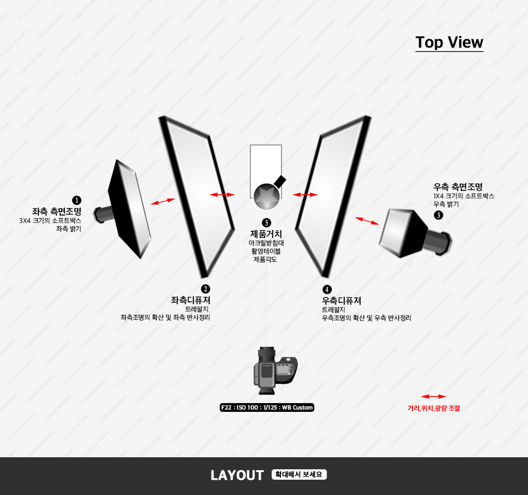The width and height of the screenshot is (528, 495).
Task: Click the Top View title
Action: point(449,43)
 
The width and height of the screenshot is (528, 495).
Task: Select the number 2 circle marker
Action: point(206,289)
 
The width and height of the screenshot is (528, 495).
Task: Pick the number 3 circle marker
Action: point(439,215)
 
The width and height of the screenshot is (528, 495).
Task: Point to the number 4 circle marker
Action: point(327,289)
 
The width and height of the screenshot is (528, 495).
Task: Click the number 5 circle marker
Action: point(266,223)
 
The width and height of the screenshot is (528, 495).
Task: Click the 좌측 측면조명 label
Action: point(57,211)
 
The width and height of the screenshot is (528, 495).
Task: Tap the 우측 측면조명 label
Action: point(458,187)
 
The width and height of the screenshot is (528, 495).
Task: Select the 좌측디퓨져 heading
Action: point(191,300)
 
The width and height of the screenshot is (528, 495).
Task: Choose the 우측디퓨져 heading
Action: point(342,300)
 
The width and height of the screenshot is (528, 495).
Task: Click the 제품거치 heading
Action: point(266,234)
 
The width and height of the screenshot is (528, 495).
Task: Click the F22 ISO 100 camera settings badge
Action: point(267,407)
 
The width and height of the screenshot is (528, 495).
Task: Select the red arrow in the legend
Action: point(433,396)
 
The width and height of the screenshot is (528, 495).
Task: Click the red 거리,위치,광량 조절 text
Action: point(434,407)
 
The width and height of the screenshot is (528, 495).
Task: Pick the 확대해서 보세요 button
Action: point(299,475)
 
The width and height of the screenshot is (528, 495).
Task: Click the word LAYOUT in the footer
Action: point(237,475)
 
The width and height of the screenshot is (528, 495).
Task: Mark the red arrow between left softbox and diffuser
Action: point(163,202)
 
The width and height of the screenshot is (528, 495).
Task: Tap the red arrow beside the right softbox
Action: point(367,220)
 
